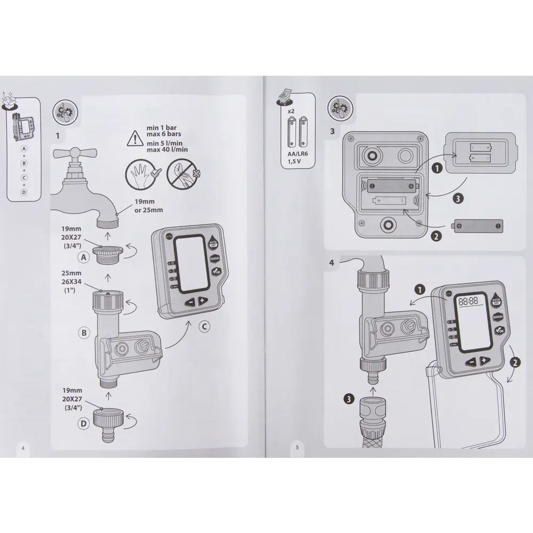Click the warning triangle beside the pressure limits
coord(134,139)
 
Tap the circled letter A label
coord(83,257)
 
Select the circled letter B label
coord(84,333)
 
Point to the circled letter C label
coord(203,327)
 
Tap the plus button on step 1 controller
coord(203,301)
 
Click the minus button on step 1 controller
coord(190,302)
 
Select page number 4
coord(23,448)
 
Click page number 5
coord(297,448)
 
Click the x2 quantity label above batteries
coord(291,111)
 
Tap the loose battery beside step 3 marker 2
coord(478,226)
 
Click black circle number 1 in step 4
coord(420,290)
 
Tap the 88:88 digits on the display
coord(467,301)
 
